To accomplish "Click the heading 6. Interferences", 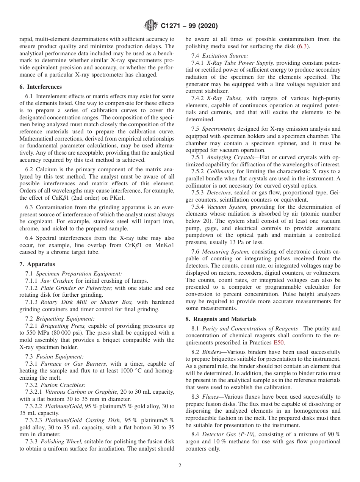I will click(41, 87).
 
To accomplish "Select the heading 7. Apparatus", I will click(37, 264).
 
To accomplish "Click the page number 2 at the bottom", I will click(180, 466).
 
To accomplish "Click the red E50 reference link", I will click(279, 343).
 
